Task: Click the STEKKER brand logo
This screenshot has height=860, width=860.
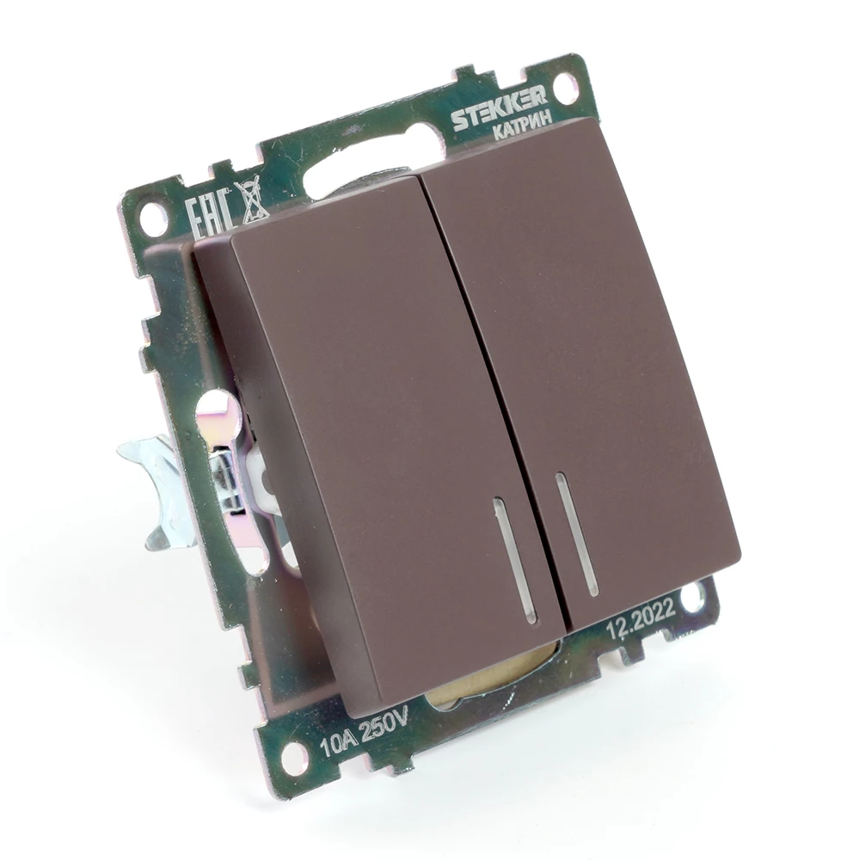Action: (498, 110)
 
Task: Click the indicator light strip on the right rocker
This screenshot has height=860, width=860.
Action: (576, 535)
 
